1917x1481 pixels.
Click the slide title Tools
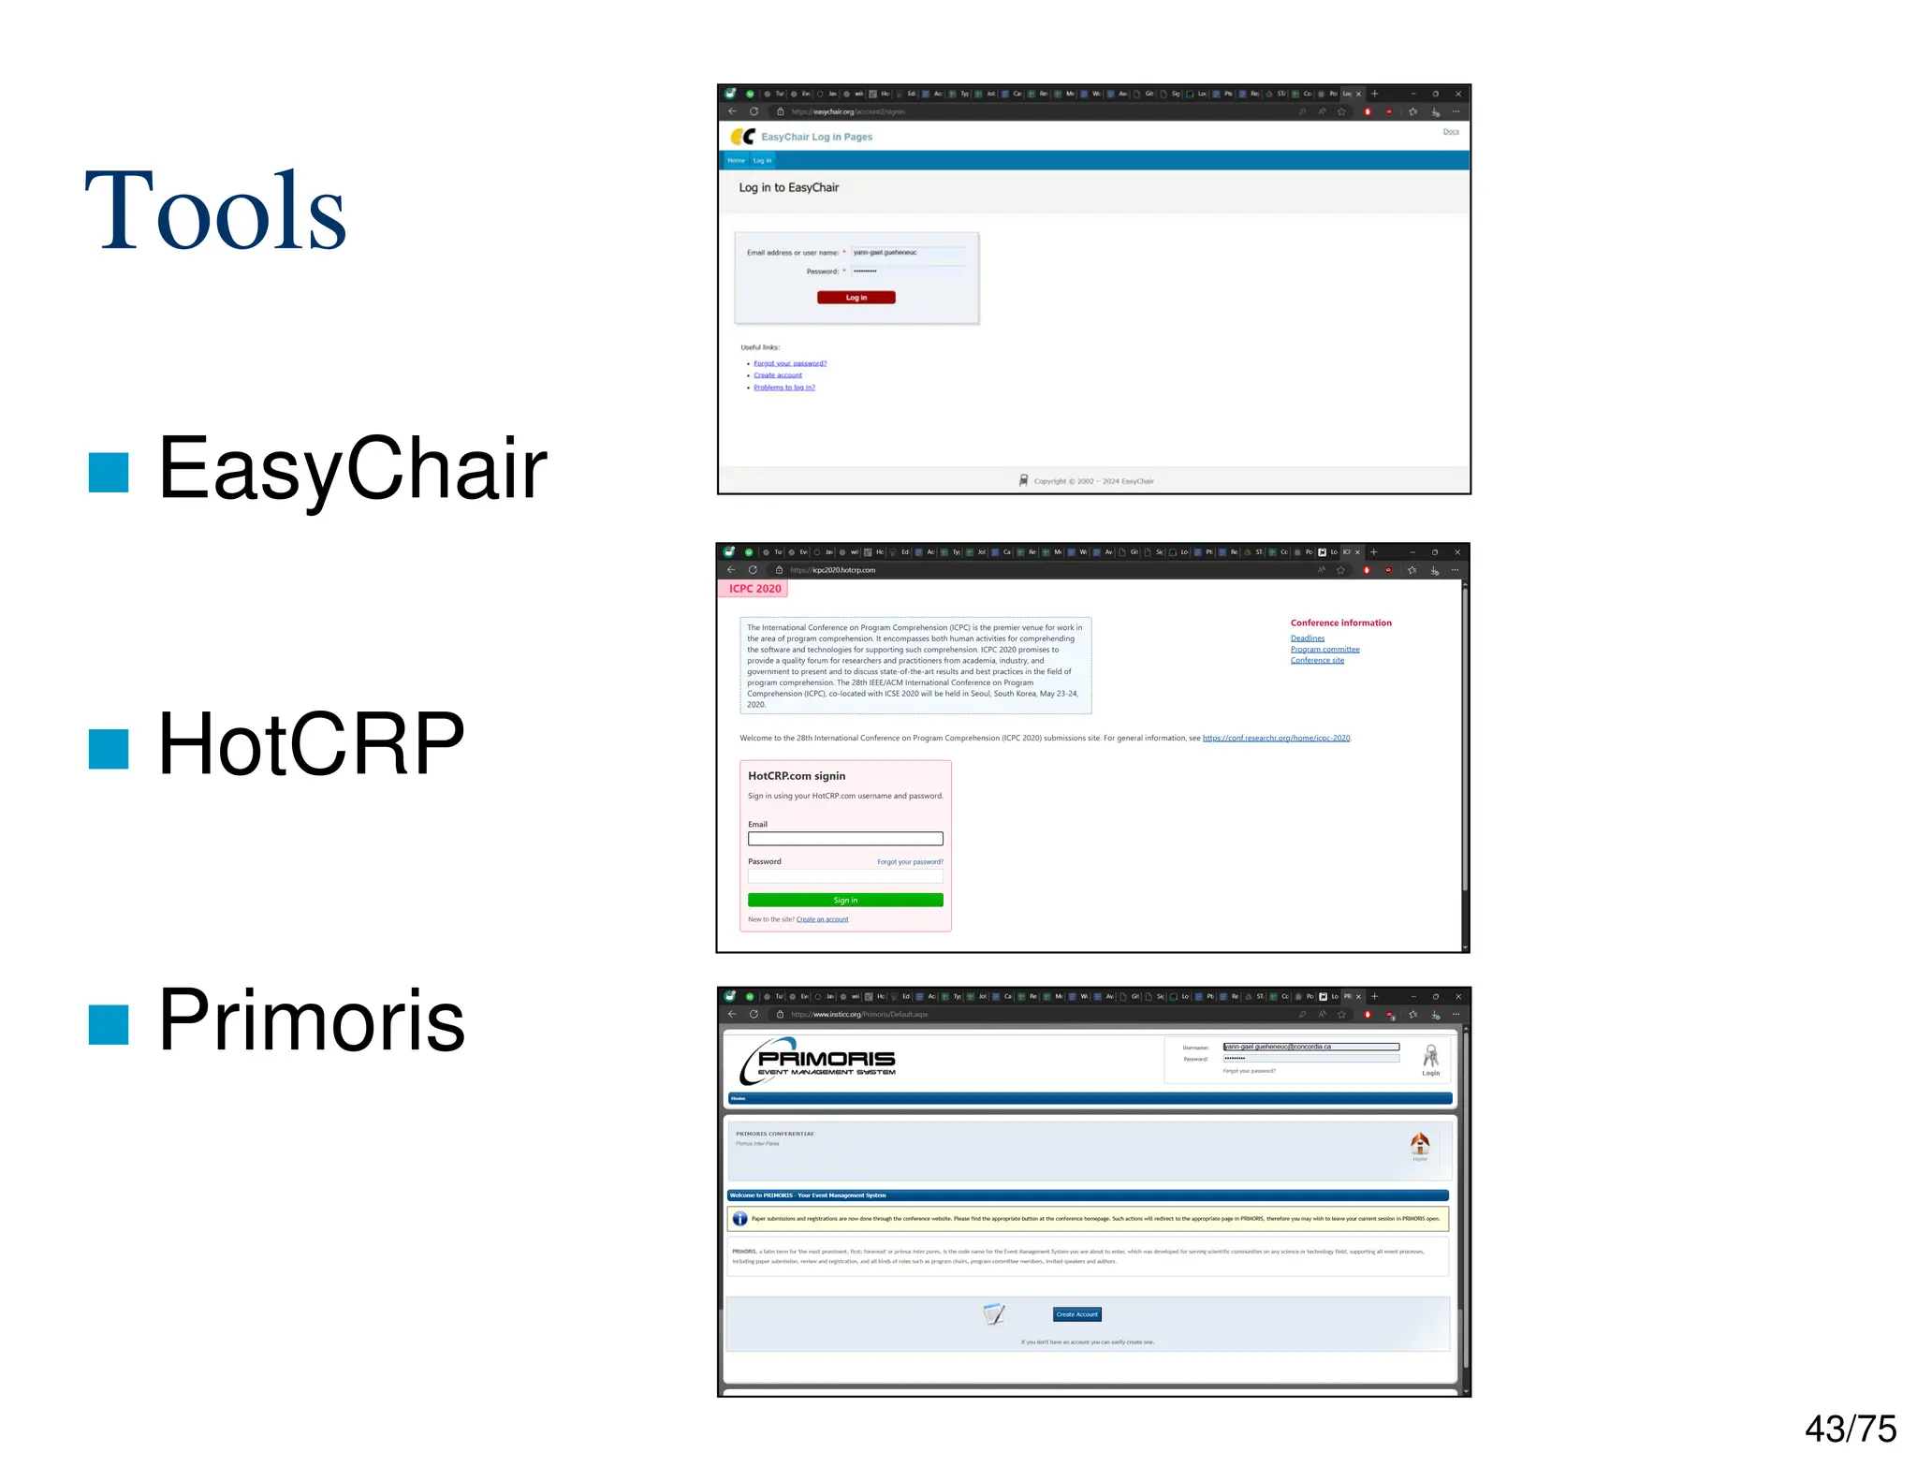(x=215, y=211)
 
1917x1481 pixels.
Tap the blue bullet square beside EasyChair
(x=109, y=472)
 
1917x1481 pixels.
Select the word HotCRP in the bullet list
(x=311, y=744)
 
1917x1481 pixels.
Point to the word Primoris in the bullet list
(x=311, y=1020)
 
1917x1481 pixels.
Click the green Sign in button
(x=845, y=900)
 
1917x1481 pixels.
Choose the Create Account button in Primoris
(x=1076, y=1314)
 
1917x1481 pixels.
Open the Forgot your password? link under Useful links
(x=790, y=363)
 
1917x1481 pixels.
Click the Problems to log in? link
(x=784, y=388)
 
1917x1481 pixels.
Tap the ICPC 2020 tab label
(x=754, y=589)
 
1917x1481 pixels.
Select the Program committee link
(x=1324, y=649)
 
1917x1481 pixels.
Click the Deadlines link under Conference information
(x=1307, y=638)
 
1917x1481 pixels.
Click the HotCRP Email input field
(x=845, y=839)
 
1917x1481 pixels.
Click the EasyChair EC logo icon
(x=742, y=137)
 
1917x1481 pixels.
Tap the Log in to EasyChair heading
(x=788, y=187)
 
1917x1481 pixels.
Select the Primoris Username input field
(x=1310, y=1047)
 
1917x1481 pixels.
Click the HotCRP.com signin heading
(x=797, y=776)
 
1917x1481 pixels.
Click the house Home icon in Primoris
(x=1420, y=1143)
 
